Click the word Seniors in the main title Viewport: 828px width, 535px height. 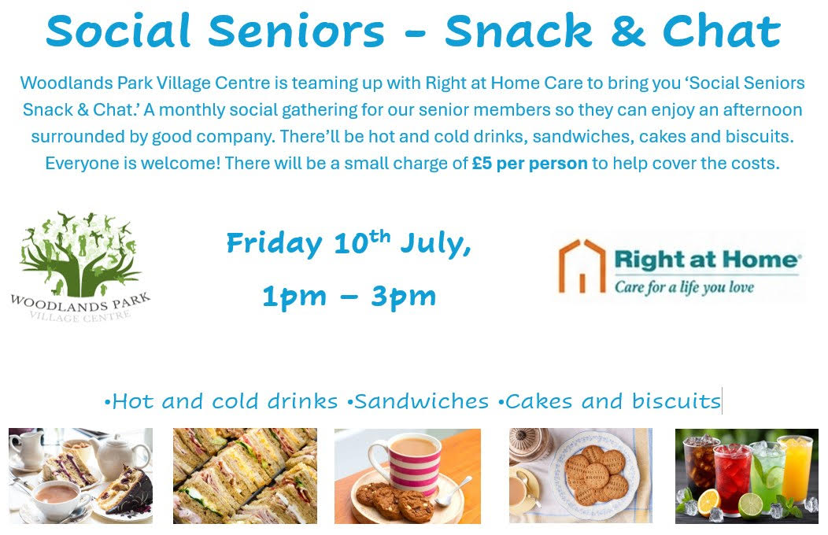pyautogui.click(x=296, y=31)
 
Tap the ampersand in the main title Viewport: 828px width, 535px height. pyautogui.click(x=627, y=31)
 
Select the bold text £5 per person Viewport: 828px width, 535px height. pyautogui.click(x=530, y=164)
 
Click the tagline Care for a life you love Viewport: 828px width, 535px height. pyautogui.click(x=684, y=287)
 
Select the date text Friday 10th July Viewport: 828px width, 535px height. pyautogui.click(x=349, y=243)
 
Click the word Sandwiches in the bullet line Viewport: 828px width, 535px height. pyautogui.click(x=421, y=401)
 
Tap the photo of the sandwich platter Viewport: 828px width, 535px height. pyautogui.click(x=245, y=476)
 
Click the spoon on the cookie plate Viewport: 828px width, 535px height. pyautogui.click(x=453, y=491)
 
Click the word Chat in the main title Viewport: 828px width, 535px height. pyautogui.click(x=721, y=31)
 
